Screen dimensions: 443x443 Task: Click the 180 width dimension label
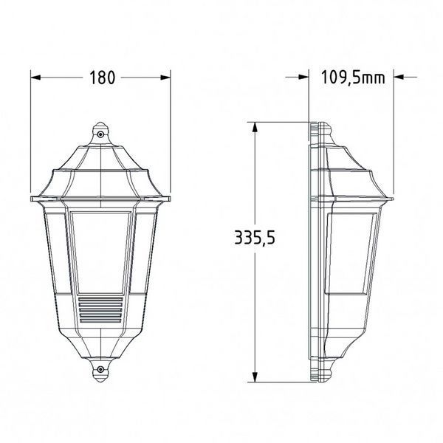(103, 78)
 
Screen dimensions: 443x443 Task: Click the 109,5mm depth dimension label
(353, 78)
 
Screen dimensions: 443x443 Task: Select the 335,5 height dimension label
(255, 238)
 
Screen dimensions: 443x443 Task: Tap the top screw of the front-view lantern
(100, 134)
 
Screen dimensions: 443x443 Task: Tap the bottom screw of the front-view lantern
(100, 369)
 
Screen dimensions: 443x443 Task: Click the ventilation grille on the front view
(100, 309)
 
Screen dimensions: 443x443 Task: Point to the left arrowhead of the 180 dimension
(35, 78)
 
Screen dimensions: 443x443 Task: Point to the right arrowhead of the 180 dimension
(165, 78)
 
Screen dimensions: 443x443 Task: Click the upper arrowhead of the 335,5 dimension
(255, 127)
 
